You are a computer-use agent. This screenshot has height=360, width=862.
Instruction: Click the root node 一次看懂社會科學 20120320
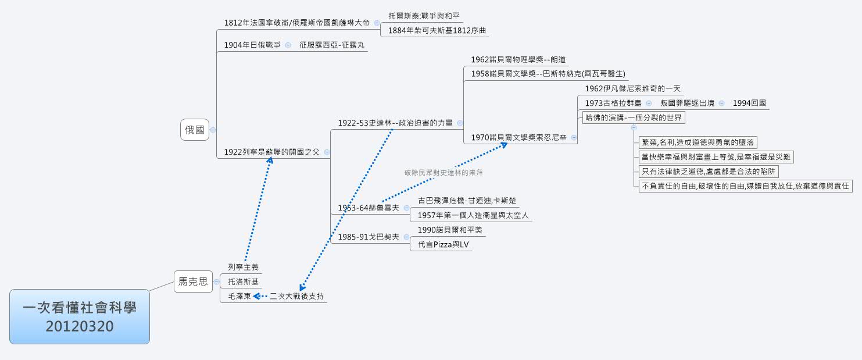pyautogui.click(x=80, y=317)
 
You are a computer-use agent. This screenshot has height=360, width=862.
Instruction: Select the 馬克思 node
pyautogui.click(x=193, y=282)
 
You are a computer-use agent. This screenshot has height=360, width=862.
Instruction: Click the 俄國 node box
pyautogui.click(x=195, y=130)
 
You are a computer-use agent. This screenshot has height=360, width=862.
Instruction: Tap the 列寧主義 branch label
pyautogui.click(x=243, y=268)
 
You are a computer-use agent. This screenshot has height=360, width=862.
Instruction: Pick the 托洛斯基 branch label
pyautogui.click(x=243, y=281)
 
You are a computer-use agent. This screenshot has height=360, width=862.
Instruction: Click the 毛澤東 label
pyautogui.click(x=239, y=296)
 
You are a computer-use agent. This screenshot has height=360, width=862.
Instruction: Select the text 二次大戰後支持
pyautogui.click(x=296, y=296)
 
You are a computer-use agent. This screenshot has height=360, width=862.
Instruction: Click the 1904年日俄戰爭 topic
pyautogui.click(x=252, y=45)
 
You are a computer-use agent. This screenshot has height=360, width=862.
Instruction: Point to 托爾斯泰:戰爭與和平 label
pyautogui.click(x=425, y=16)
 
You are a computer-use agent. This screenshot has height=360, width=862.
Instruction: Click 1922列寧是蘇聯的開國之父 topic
pyautogui.click(x=271, y=152)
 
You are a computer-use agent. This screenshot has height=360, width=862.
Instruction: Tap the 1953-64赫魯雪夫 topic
pyautogui.click(x=369, y=208)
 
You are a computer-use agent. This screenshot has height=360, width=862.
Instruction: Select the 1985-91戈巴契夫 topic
pyautogui.click(x=369, y=237)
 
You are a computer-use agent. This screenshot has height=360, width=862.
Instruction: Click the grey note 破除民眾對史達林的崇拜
pyautogui.click(x=444, y=173)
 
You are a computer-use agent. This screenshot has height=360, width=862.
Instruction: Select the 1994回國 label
pyautogui.click(x=749, y=103)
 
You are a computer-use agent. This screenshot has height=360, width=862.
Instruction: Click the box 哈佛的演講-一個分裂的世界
pyautogui.click(x=634, y=117)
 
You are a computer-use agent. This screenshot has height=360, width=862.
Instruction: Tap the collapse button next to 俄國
pyautogui.click(x=213, y=130)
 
